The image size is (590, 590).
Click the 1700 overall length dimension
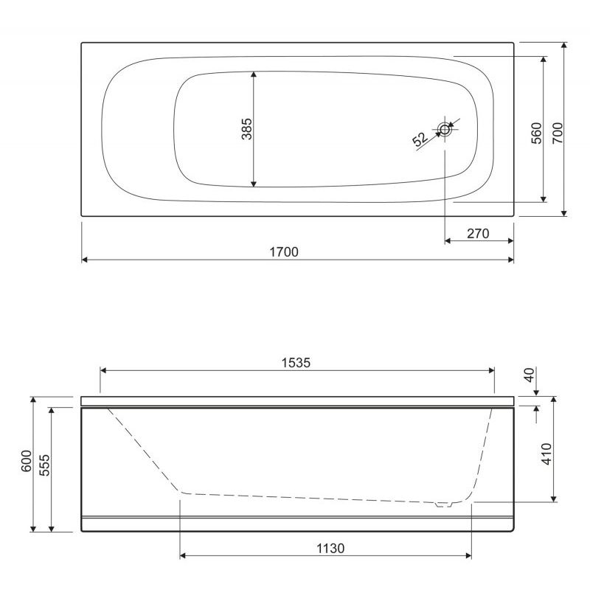[284, 251]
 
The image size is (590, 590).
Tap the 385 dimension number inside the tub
[247, 129]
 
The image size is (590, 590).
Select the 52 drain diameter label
[420, 139]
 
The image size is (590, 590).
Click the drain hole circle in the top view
[445, 130]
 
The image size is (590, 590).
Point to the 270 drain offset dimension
[478, 234]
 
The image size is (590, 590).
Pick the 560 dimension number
[537, 133]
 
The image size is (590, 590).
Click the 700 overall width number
[558, 133]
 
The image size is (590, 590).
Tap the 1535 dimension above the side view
[296, 363]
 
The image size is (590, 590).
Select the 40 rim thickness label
[530, 375]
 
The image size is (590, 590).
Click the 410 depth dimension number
[546, 454]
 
